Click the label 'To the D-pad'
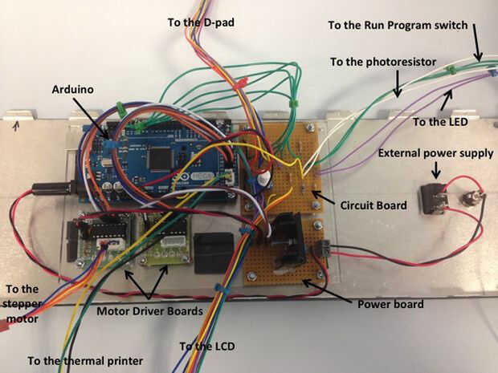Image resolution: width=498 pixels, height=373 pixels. click(202, 22)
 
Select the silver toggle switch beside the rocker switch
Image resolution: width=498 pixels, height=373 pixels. click(467, 199)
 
